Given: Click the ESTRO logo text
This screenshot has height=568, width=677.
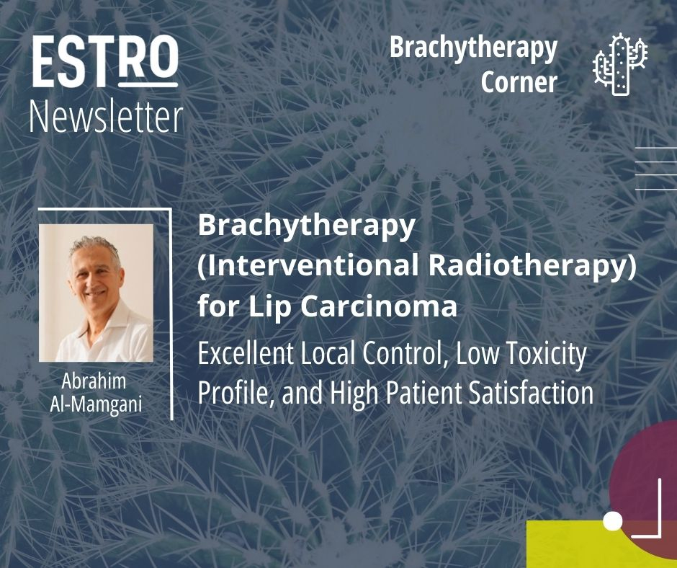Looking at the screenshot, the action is [105, 61].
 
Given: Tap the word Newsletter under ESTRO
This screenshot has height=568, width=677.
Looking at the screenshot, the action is [107, 117].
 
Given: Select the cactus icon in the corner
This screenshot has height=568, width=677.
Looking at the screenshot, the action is [620, 64].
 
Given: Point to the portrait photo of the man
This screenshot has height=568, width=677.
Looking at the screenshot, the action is [96, 293].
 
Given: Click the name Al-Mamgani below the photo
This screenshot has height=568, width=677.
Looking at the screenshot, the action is [96, 404].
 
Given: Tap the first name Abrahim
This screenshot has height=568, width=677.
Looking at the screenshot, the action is [94, 381].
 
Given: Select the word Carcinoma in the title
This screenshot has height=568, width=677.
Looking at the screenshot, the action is [379, 306].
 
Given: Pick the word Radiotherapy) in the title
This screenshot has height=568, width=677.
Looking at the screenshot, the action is [533, 266].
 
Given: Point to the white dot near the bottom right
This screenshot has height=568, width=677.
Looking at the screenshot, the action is [613, 521].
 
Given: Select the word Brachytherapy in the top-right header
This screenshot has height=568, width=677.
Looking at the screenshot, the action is [474, 48].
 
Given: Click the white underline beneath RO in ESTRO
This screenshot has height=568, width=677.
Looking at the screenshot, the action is [148, 85].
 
